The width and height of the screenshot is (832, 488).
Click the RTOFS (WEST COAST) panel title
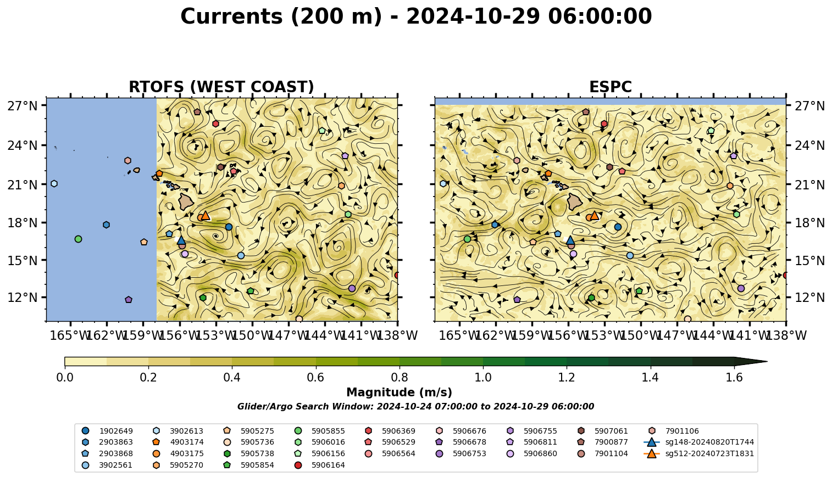coord(221,87)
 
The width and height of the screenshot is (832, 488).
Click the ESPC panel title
coord(610,87)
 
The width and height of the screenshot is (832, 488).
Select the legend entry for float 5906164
coord(321,465)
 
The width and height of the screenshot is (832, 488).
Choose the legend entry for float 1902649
coord(108,431)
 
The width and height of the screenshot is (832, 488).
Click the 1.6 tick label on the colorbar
coord(734,378)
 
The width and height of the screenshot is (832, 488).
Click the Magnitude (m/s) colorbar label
coord(400,392)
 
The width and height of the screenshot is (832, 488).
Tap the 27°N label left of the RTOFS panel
coord(23,106)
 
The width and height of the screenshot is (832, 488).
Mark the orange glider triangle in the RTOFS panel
coord(206,216)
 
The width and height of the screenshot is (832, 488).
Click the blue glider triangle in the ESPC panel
coord(570,240)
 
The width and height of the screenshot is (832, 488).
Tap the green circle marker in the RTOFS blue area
coord(78,239)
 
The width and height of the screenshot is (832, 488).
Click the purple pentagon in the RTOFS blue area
coord(129,300)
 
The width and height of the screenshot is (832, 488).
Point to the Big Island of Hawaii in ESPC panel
coord(575,202)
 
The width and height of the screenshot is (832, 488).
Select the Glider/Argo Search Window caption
coord(415,407)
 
